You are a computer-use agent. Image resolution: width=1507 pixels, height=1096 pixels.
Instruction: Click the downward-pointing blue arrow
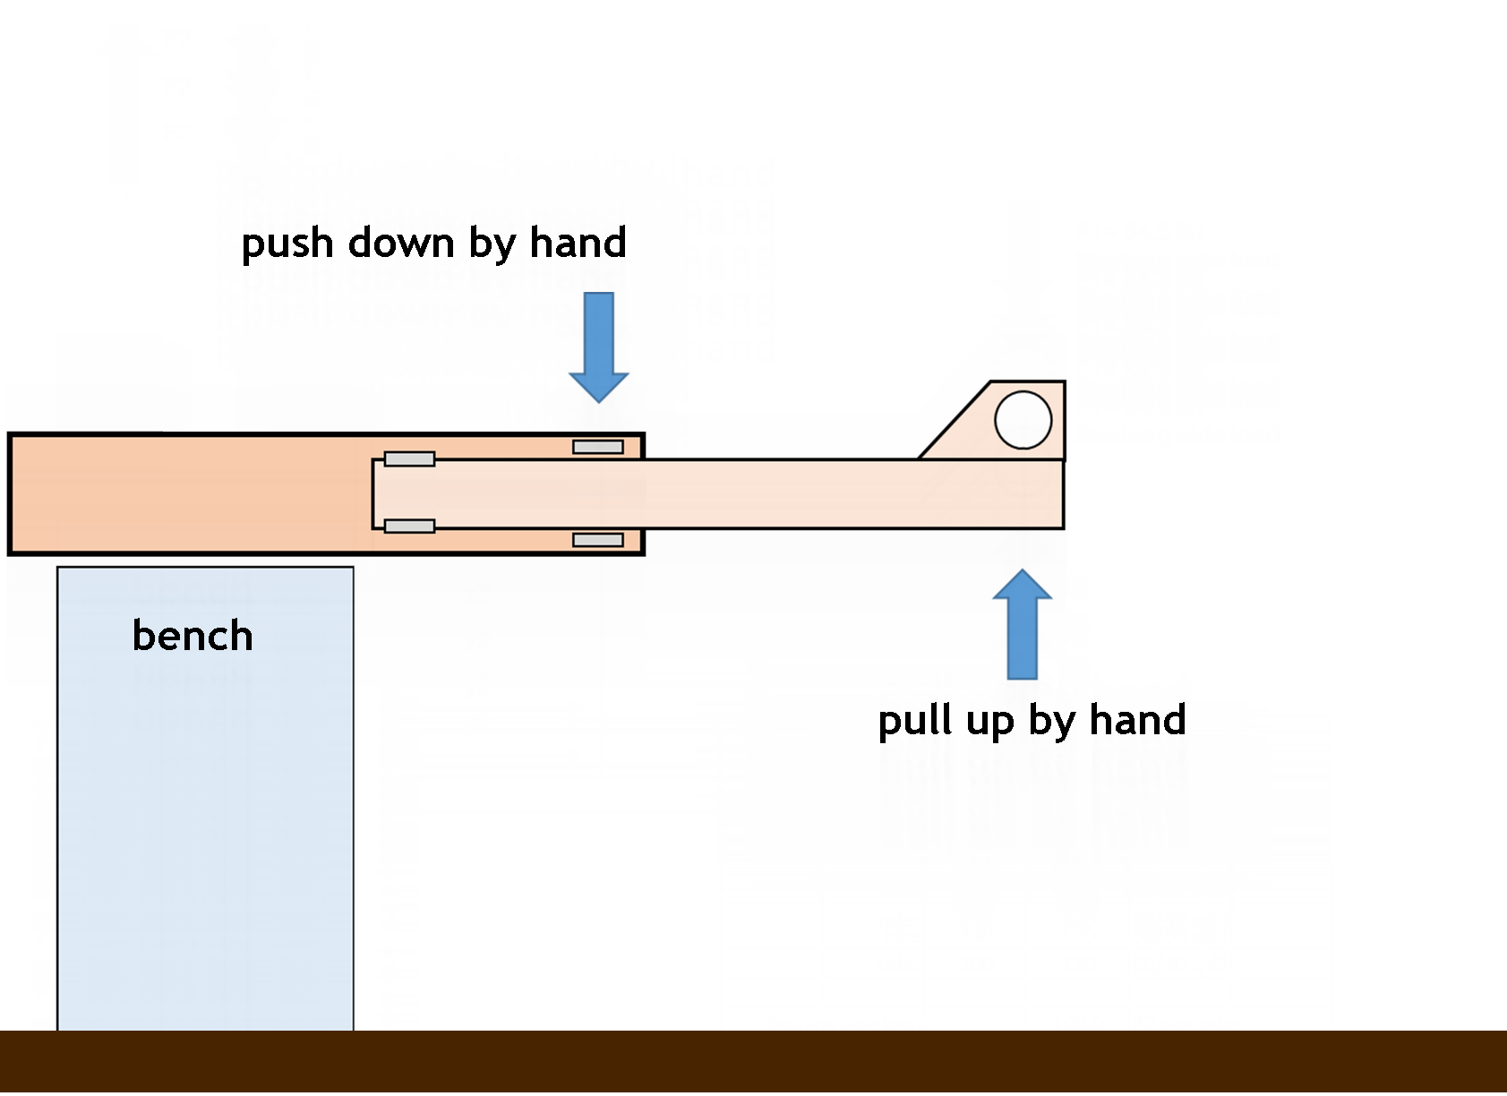click(x=599, y=345)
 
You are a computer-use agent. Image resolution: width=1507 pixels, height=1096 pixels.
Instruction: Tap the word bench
click(x=193, y=636)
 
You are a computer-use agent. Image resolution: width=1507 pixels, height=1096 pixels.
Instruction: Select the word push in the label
click(x=287, y=244)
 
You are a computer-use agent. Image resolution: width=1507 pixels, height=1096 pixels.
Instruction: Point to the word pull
click(x=912, y=720)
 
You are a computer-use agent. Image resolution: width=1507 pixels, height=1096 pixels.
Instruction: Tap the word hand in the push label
click(x=578, y=243)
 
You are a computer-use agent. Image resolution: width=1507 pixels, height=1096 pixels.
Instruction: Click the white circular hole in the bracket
click(x=1023, y=420)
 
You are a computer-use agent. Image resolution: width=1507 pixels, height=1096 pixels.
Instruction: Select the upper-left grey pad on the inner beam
click(x=409, y=459)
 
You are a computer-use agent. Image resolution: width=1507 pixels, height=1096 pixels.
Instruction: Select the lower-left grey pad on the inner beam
click(x=409, y=527)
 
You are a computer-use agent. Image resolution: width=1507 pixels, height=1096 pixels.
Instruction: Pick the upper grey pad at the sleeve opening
click(x=598, y=447)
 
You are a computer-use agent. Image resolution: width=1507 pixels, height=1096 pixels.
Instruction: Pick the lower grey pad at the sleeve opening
click(x=598, y=540)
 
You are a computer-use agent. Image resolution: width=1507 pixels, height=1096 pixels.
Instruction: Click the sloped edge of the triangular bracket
click(x=954, y=420)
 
